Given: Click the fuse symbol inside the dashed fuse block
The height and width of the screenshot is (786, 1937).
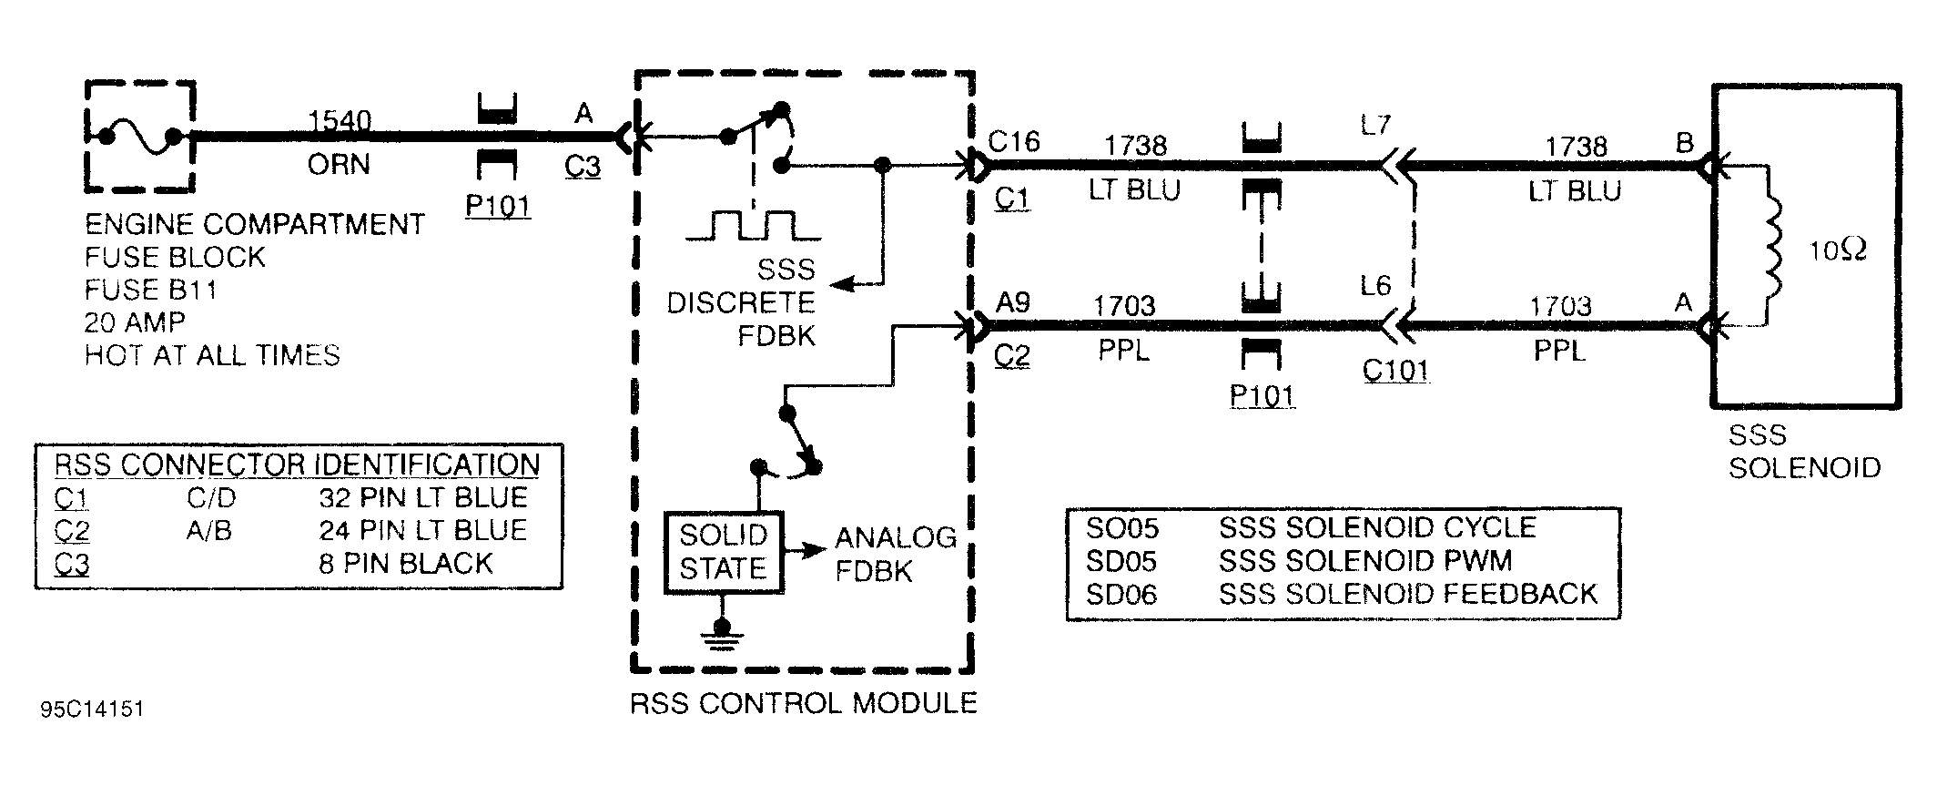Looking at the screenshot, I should click(x=139, y=138).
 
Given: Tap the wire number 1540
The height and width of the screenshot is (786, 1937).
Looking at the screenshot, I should click(x=340, y=120).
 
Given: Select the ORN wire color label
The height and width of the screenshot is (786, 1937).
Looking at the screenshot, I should click(x=339, y=165).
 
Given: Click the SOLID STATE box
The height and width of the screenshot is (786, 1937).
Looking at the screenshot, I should click(x=724, y=553).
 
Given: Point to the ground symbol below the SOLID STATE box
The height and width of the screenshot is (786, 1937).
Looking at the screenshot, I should click(x=722, y=635).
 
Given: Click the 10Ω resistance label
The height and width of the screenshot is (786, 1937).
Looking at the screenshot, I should click(x=1838, y=250).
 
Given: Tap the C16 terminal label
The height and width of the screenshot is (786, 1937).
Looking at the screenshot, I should click(x=1013, y=141).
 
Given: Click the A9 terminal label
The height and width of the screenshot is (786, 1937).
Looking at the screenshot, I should click(x=1013, y=301).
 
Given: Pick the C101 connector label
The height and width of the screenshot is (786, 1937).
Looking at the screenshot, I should click(x=1395, y=371).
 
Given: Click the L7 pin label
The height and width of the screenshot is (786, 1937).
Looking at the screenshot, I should click(x=1375, y=125).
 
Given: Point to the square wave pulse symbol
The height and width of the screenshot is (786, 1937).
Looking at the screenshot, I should click(x=754, y=225).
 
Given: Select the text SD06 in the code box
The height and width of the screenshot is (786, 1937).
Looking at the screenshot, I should click(x=1121, y=595).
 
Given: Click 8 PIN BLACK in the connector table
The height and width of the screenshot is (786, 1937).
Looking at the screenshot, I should click(x=405, y=564).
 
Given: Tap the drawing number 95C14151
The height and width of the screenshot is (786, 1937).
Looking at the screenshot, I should click(x=92, y=709).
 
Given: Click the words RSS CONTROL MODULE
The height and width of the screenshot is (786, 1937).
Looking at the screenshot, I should click(x=803, y=703).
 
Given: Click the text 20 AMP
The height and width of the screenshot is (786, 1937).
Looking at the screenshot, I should click(x=135, y=322).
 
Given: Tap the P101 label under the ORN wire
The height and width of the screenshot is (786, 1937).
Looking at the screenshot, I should click(x=497, y=206).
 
